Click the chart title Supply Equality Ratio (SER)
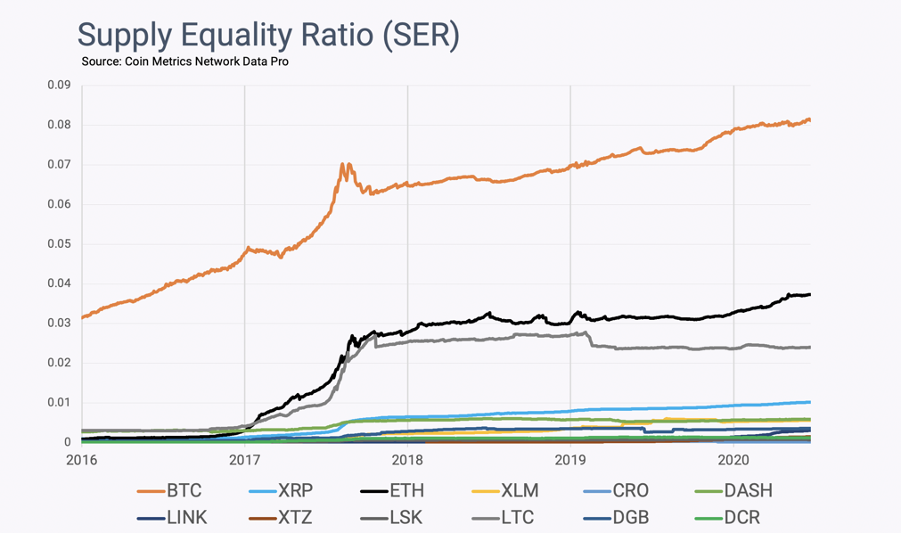268,35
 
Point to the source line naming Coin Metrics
184,61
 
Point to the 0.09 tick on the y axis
58,86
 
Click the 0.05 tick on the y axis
58,244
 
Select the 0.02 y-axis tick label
58,363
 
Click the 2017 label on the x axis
244,460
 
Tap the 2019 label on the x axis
569,460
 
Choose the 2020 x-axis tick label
733,460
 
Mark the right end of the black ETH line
809,295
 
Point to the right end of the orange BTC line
809,119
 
